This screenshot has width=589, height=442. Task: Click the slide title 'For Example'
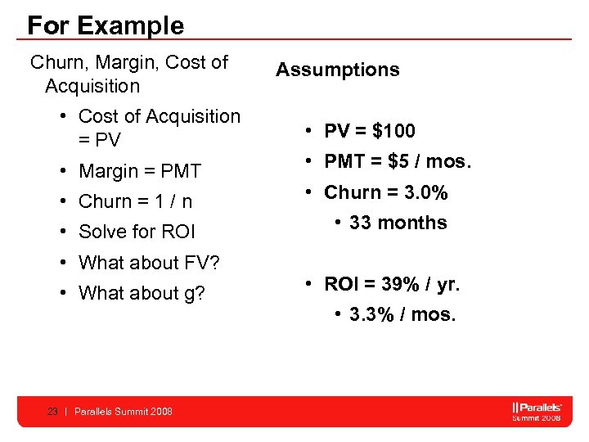click(x=106, y=25)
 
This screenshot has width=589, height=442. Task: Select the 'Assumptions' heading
click(x=337, y=70)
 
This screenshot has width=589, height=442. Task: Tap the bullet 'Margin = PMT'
click(x=139, y=171)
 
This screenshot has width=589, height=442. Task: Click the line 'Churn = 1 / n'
click(x=135, y=201)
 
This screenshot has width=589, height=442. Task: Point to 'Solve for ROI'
click(x=137, y=232)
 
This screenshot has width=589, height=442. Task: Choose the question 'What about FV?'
click(x=149, y=263)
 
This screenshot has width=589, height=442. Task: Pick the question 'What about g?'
click(x=142, y=293)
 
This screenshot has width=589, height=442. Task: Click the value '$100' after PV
click(x=393, y=131)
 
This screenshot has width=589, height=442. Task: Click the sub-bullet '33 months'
click(x=398, y=223)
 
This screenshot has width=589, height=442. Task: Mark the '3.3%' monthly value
click(x=369, y=314)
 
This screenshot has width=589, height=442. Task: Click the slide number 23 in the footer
click(x=52, y=412)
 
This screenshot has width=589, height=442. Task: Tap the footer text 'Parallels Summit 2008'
click(x=123, y=412)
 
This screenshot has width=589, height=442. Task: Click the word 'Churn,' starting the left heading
click(x=57, y=62)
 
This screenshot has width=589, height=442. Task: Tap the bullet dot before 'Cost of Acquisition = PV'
click(x=63, y=116)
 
